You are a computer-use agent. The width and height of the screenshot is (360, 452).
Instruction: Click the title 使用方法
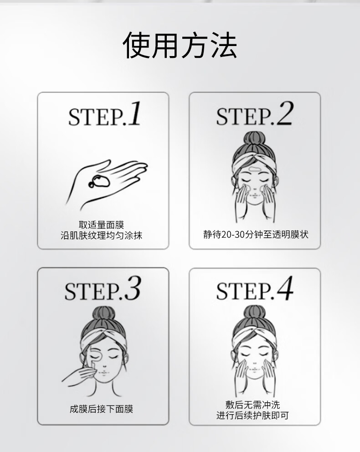pos(180,45)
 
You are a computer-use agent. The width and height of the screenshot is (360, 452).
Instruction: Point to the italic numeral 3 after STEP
pos(132,288)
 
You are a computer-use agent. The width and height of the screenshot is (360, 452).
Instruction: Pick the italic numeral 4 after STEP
pos(285,288)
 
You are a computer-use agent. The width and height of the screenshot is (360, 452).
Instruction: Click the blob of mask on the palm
pos(99,181)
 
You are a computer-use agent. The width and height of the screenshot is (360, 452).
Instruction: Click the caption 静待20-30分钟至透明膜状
pos(256,234)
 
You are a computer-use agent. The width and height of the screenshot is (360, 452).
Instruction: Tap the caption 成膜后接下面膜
pos(102,409)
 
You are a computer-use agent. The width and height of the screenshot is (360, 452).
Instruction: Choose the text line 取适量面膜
pos(102,225)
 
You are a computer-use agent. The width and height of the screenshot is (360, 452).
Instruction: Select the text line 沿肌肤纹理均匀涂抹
pos(102,235)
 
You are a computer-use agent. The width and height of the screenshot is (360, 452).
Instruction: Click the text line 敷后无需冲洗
pos(253,405)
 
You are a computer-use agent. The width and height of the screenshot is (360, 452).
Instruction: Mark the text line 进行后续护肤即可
pos(253,416)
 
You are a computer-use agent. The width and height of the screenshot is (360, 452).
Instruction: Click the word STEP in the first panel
pos(96,117)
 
